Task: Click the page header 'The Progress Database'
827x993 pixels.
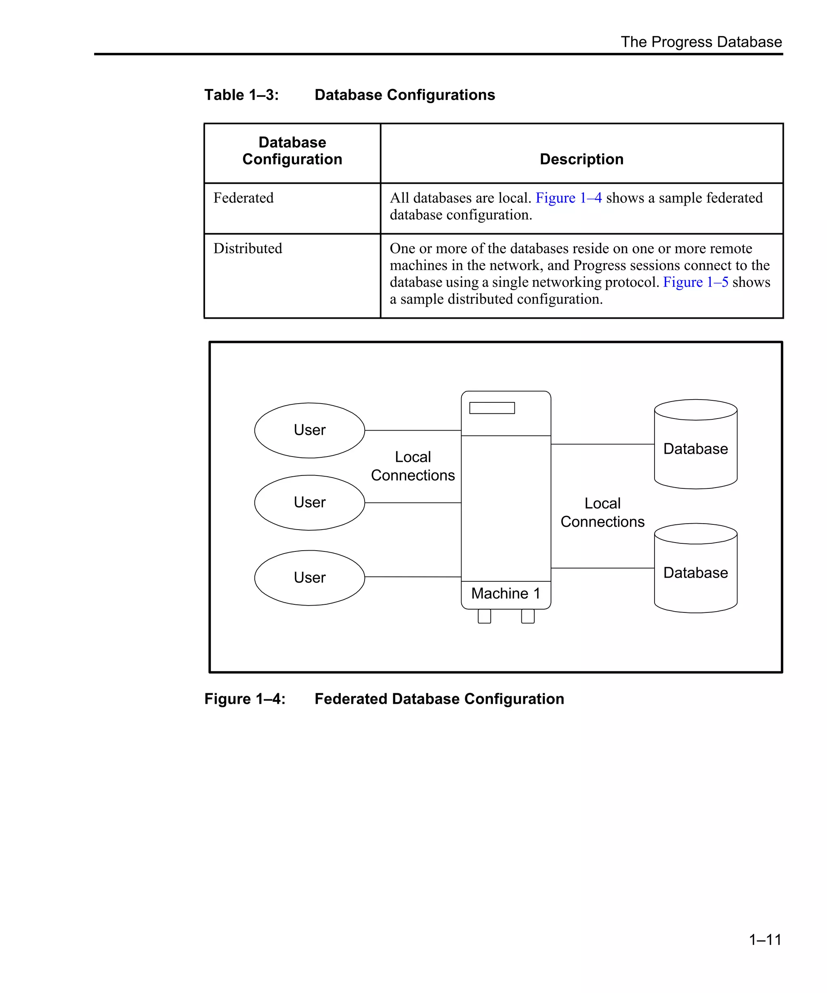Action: [701, 42]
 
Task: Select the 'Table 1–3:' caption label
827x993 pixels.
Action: [241, 95]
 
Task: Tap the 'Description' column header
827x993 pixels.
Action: [581, 159]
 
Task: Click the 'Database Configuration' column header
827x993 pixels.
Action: [292, 151]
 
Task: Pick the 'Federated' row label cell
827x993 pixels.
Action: [243, 198]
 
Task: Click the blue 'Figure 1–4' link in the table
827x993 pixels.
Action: [568, 198]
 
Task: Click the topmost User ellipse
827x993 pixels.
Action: [310, 430]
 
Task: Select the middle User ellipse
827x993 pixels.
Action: [310, 503]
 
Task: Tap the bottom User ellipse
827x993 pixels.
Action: [310, 578]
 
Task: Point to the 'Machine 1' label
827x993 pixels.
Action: [506, 593]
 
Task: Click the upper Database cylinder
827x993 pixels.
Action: [696, 444]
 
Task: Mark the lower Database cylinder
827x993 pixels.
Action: [696, 568]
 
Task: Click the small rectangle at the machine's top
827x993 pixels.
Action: [492, 408]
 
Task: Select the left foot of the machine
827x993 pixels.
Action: [485, 616]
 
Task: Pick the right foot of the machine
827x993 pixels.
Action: [528, 616]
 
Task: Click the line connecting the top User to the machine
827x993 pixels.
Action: [413, 431]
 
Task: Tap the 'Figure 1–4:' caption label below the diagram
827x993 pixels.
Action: [245, 699]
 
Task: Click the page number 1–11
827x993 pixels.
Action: [765, 940]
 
